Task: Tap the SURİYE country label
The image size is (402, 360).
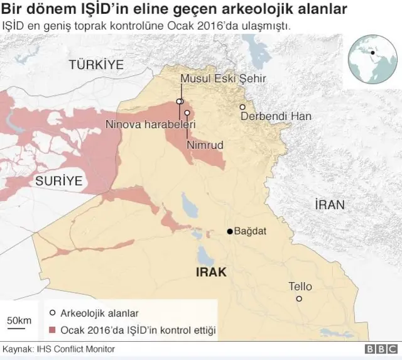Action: [58, 181]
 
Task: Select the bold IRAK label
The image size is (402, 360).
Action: [211, 272]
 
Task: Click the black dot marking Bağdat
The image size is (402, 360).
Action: [230, 232]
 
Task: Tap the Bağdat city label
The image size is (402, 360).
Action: [250, 232]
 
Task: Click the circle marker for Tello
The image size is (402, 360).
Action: [299, 299]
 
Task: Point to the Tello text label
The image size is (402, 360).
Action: [300, 286]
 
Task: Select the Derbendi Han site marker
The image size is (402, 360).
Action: [242, 107]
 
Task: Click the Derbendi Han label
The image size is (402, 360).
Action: [267, 117]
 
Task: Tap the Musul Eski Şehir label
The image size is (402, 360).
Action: [224, 79]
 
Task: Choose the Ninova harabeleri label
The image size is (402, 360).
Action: [151, 124]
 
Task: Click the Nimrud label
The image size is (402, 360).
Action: [205, 145]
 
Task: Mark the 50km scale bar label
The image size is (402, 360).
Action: [19, 320]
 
